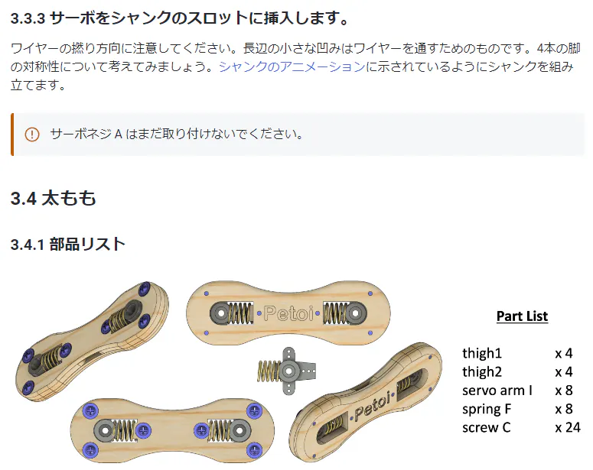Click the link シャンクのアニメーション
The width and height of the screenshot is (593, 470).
(292, 66)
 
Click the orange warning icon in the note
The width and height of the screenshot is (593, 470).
(31, 135)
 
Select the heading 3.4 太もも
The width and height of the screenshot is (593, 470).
(54, 199)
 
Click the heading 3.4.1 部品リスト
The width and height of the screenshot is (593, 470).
(68, 245)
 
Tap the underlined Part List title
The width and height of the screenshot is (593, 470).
(522, 316)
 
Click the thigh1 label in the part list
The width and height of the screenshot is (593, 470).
(482, 353)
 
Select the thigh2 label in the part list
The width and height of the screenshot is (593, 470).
(482, 372)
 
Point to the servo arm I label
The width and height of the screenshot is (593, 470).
(497, 391)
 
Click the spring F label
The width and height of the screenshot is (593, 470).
(487, 409)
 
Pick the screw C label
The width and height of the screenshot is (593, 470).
(486, 427)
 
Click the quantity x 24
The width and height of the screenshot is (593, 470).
(568, 427)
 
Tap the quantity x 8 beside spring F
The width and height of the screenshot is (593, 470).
(564, 409)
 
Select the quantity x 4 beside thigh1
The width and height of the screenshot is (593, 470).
(564, 353)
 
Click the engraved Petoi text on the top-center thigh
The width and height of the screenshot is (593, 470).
(288, 312)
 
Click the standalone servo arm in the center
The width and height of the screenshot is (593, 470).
(289, 370)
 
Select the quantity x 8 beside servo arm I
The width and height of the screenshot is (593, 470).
(564, 391)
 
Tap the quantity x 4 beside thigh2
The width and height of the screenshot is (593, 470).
(564, 372)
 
